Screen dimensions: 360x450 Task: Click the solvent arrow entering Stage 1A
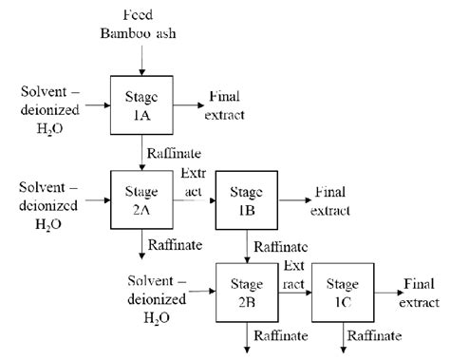click(x=94, y=101)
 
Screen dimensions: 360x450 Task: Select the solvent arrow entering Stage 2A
click(x=94, y=200)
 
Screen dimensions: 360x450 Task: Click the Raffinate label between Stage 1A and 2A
click(x=173, y=152)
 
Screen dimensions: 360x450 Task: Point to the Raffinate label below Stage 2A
click(x=175, y=246)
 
